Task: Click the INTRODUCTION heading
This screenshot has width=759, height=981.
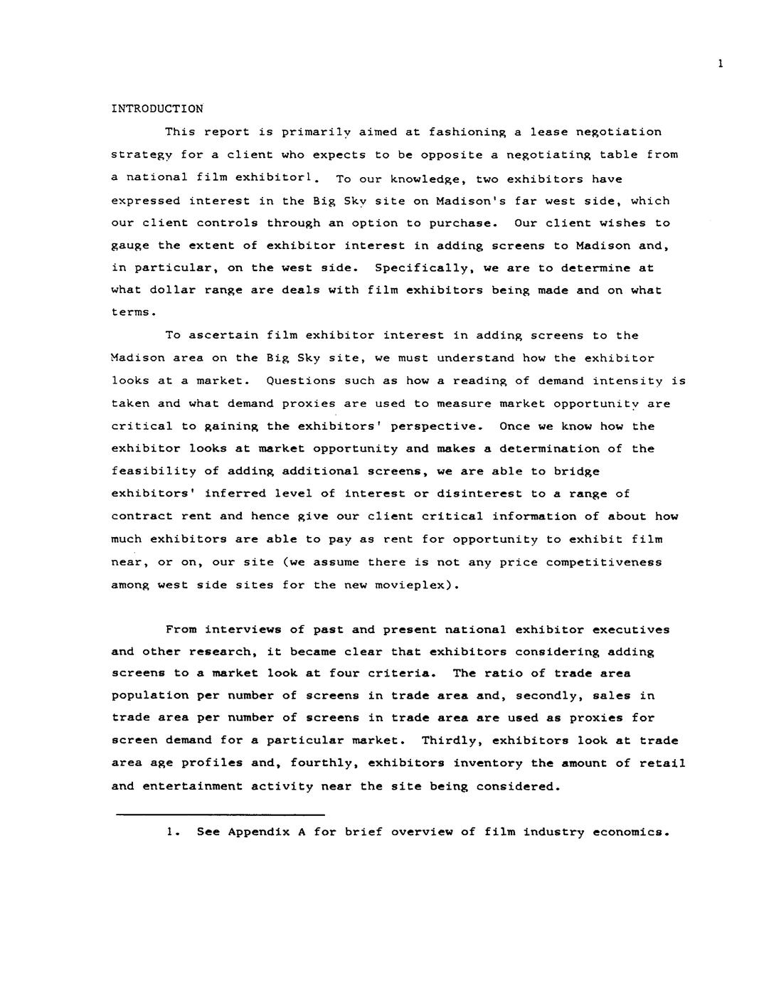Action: tap(157, 109)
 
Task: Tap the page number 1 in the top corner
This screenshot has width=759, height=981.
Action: tap(721, 63)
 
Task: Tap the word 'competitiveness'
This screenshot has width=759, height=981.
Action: tap(603, 562)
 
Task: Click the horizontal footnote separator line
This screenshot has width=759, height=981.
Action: tap(220, 814)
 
